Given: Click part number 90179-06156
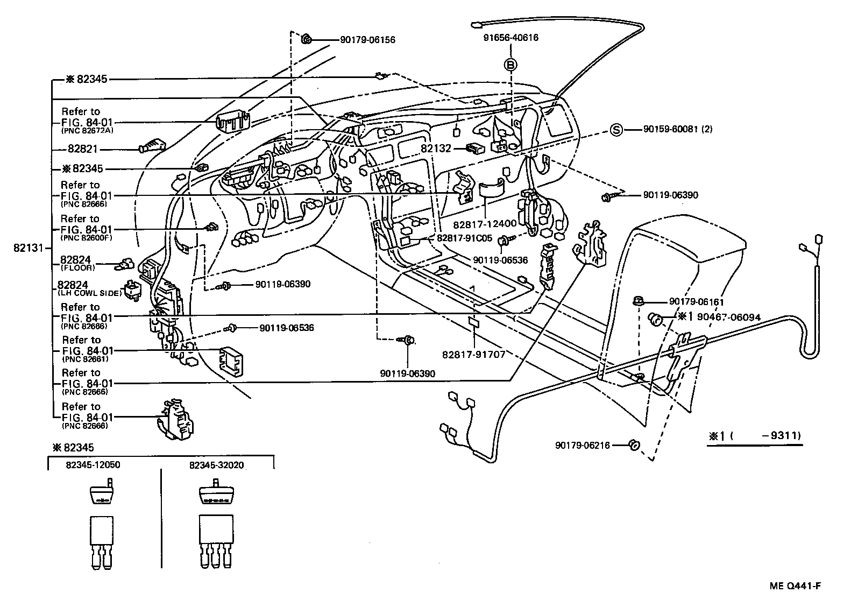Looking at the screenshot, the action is [x=367, y=40].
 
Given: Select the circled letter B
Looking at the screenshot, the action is [x=511, y=65].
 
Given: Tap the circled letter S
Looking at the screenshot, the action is [x=616, y=130].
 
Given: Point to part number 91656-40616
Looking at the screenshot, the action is [x=511, y=38].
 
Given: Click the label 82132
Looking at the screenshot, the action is [x=436, y=149].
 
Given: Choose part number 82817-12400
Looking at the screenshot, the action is [x=485, y=224].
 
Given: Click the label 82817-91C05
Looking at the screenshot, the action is [x=465, y=238].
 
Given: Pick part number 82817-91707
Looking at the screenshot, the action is [x=474, y=354].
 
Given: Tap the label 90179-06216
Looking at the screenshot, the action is [x=583, y=446].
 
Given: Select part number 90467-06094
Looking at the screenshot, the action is [x=729, y=317].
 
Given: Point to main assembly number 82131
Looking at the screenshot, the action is [x=29, y=248].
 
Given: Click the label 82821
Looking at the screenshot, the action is [x=83, y=149].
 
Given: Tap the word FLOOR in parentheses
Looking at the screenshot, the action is [x=77, y=268].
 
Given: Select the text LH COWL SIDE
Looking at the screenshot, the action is [x=89, y=293].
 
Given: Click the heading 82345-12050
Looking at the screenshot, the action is [x=93, y=465].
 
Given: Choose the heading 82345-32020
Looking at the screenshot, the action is [x=217, y=465].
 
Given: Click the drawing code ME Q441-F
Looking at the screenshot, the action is [x=795, y=586].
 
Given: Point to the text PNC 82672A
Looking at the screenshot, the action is [x=87, y=131].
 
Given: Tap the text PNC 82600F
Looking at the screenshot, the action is [x=87, y=238].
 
